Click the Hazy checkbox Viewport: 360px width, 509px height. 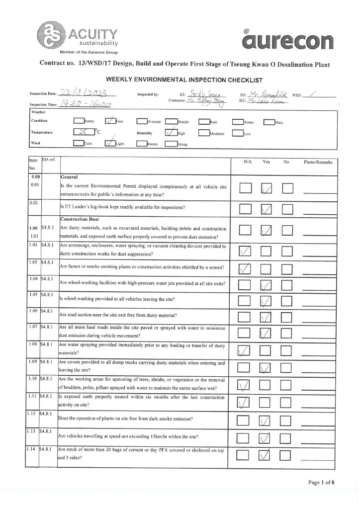coord(269,122)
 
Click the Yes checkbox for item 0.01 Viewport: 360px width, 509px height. coord(267,188)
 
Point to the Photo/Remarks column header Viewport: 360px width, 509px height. coord(318,162)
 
